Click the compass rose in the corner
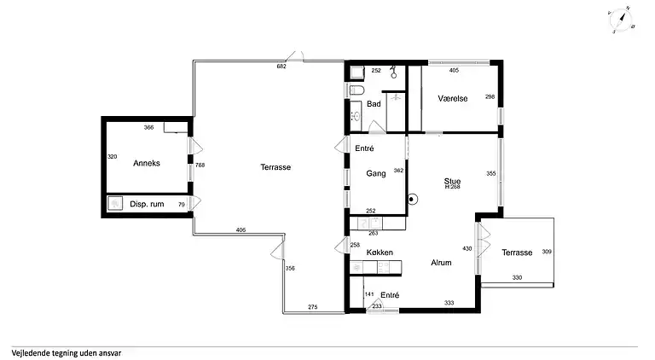click(x=621, y=20)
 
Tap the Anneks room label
click(x=147, y=163)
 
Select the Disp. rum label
click(x=147, y=204)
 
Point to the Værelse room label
click(x=452, y=99)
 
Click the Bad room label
click(x=374, y=103)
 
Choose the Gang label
click(x=375, y=173)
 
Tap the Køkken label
click(x=380, y=253)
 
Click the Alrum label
click(x=441, y=263)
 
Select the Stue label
click(x=452, y=181)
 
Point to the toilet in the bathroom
click(x=356, y=90)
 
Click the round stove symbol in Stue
click(x=412, y=200)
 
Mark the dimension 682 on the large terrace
click(x=281, y=66)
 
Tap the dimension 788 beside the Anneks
click(x=200, y=165)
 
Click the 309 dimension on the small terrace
click(x=547, y=252)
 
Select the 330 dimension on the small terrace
click(x=517, y=277)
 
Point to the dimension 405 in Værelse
click(x=454, y=70)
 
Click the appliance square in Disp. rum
click(x=115, y=203)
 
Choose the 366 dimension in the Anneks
click(x=148, y=127)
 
